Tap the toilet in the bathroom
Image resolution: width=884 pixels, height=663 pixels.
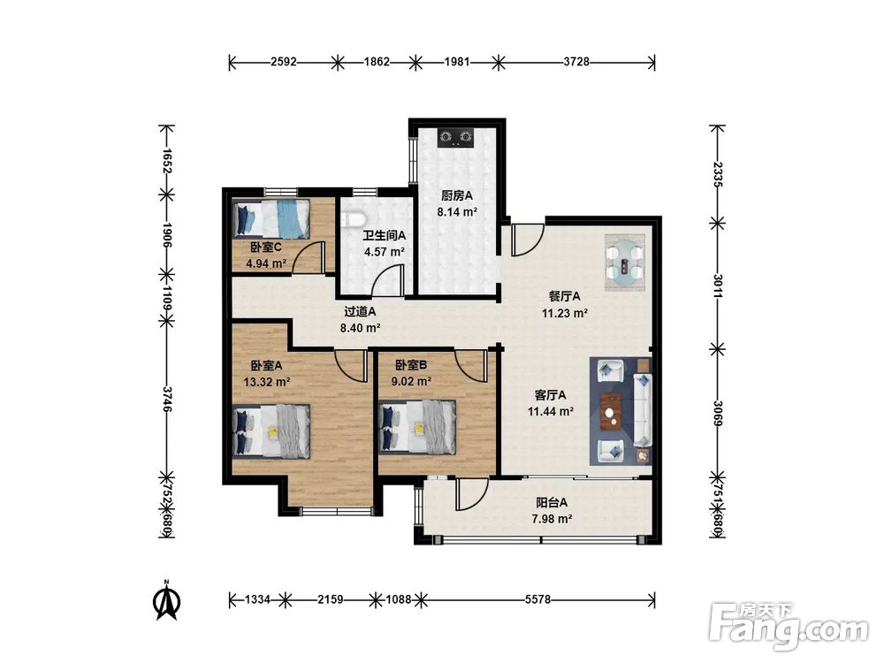tap(355, 218)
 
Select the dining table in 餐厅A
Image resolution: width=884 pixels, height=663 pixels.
tap(624, 263)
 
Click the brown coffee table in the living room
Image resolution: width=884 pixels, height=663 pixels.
tap(612, 412)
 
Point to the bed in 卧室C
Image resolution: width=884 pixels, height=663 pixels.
tap(271, 218)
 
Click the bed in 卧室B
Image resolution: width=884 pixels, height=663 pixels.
tap(417, 427)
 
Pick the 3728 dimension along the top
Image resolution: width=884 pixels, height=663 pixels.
tap(576, 62)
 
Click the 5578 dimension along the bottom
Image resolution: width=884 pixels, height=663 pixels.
tap(537, 599)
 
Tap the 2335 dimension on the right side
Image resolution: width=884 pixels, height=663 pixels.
tap(717, 174)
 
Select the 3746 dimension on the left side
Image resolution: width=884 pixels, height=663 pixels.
tap(166, 399)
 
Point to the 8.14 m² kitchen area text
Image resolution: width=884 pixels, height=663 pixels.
tap(457, 212)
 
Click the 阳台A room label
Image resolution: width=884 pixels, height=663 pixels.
tap(552, 502)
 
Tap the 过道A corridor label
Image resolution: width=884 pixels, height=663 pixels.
tap(360, 311)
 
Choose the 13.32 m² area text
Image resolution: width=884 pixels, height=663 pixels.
tap(267, 382)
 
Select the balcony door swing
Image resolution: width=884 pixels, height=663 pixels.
tap(472, 495)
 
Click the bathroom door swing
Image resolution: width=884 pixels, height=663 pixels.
tap(389, 280)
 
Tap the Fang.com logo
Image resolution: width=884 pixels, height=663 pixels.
tap(789, 627)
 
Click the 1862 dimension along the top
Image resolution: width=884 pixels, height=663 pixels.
tap(376, 62)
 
